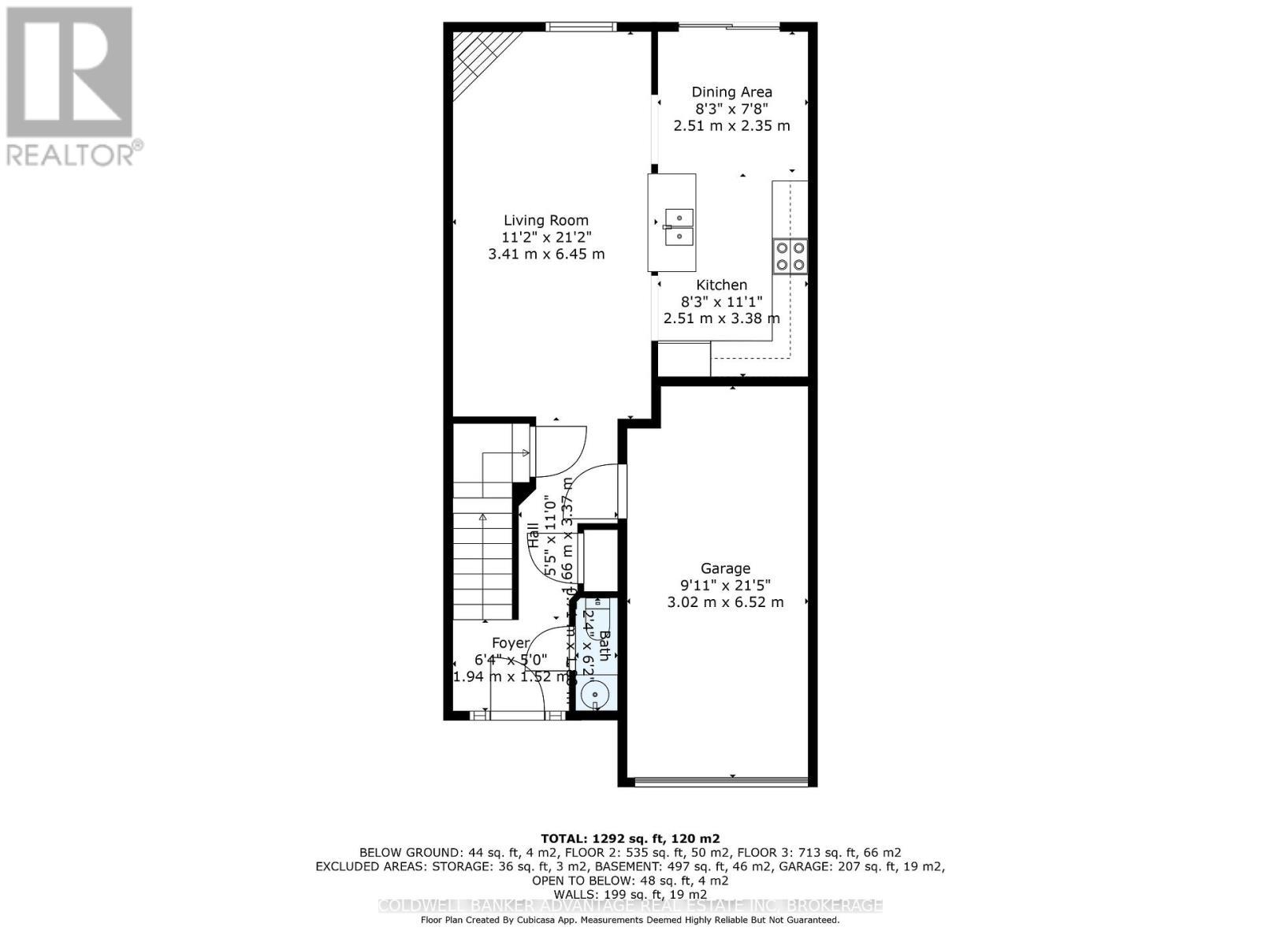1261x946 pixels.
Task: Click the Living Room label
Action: (x=546, y=221)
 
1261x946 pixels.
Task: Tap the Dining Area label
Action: (x=731, y=92)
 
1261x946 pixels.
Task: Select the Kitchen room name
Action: (x=721, y=285)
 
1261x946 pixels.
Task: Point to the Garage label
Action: (x=725, y=568)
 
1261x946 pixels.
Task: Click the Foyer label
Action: (x=511, y=643)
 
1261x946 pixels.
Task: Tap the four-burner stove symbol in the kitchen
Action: (x=790, y=256)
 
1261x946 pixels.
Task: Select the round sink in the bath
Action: (x=593, y=695)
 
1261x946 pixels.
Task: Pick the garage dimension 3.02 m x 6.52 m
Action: (x=725, y=602)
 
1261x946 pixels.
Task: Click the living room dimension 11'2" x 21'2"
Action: (x=546, y=237)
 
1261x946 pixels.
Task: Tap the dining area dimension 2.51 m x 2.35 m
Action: (x=731, y=126)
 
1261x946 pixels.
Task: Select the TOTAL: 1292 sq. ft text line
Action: (x=630, y=839)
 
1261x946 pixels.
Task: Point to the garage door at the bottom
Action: (x=721, y=782)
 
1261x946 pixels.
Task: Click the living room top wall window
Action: (x=582, y=28)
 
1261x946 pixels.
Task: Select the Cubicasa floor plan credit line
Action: (x=630, y=920)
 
